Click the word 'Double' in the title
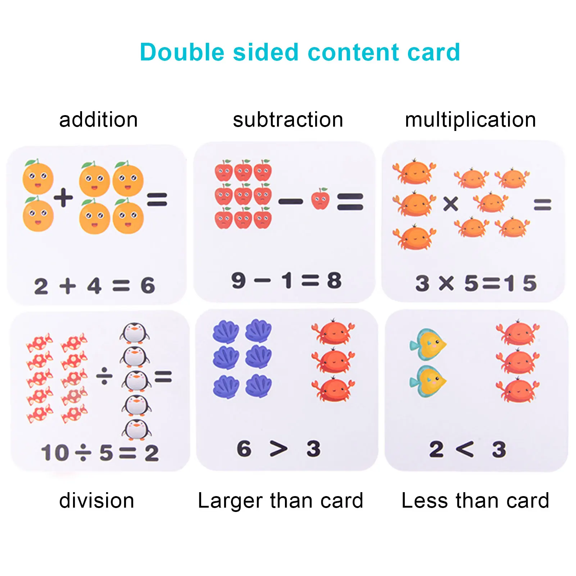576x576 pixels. [182, 52]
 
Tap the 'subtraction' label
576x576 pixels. [288, 120]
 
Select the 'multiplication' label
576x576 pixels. [470, 120]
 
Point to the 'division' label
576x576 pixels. [97, 500]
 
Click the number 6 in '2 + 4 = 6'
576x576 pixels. [148, 286]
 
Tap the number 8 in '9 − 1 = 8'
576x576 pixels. [334, 281]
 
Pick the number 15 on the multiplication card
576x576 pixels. [520, 283]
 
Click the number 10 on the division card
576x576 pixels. [55, 453]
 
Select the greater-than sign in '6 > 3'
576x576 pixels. [279, 449]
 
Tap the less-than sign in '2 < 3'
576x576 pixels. [464, 449]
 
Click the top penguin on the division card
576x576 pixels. [135, 332]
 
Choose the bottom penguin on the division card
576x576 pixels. [136, 429]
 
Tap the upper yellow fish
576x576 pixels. [428, 344]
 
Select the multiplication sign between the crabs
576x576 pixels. [450, 204]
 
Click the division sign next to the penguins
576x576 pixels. [104, 376]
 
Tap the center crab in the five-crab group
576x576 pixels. [491, 202]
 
